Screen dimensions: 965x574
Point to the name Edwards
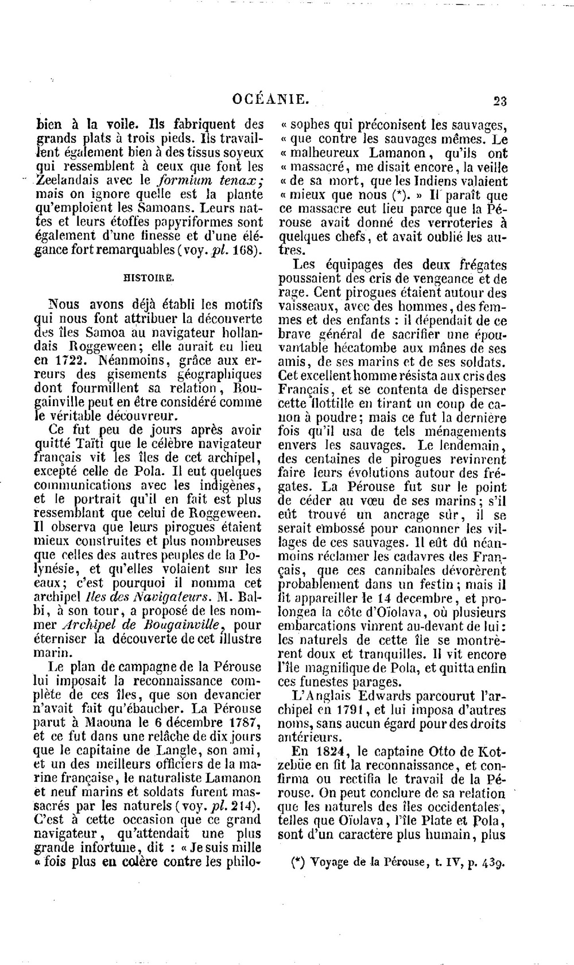[x=379, y=695]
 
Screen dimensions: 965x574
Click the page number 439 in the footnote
[x=491, y=863]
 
